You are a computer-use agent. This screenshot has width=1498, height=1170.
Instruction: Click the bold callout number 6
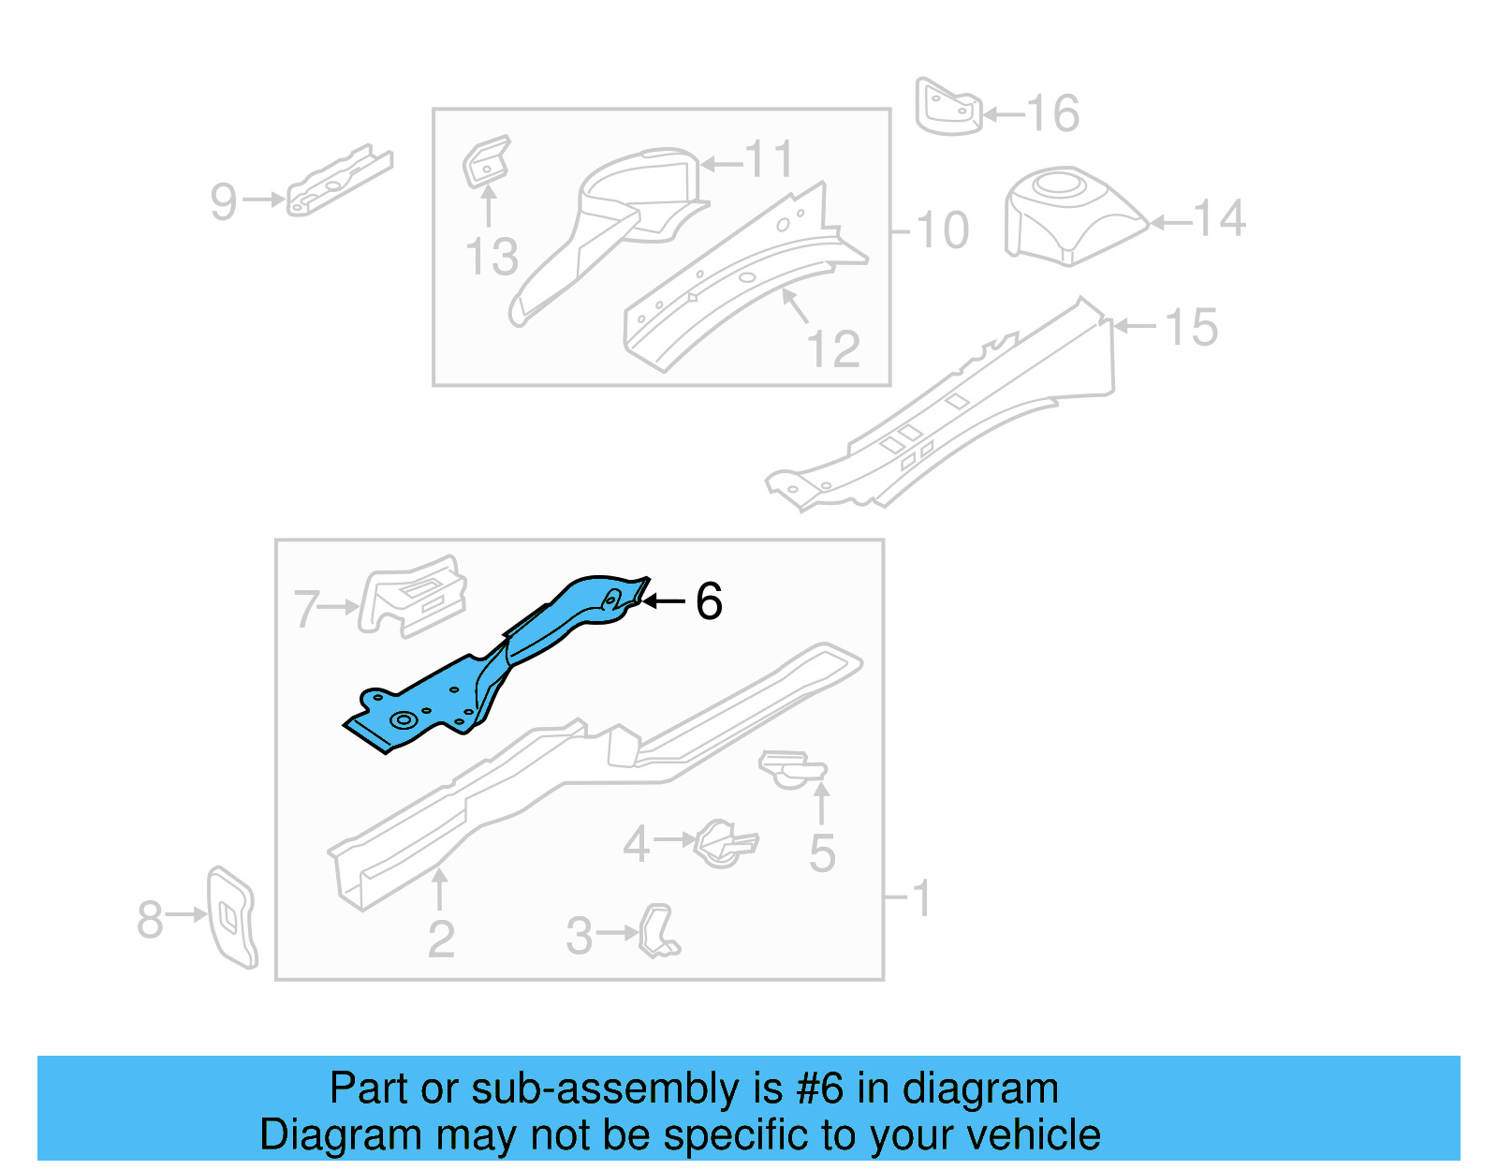(x=709, y=600)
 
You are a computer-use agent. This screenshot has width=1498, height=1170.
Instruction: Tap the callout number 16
(x=1053, y=114)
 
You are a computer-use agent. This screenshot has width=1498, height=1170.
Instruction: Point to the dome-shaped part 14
(x=1067, y=215)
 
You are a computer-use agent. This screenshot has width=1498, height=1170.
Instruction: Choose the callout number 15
(x=1191, y=327)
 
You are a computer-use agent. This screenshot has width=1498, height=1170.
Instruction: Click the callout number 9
(x=224, y=201)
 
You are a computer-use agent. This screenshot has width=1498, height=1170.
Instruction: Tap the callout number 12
(x=832, y=349)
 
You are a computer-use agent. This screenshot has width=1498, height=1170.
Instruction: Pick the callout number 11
(x=769, y=160)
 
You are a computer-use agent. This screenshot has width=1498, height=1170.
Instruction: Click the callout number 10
(x=942, y=230)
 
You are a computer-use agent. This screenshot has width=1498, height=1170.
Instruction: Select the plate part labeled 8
(x=231, y=916)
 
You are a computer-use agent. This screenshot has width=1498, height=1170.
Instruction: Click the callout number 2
(x=440, y=939)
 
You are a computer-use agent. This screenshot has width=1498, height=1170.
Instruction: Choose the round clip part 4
(x=724, y=842)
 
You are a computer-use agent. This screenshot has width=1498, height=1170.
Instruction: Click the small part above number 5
(x=792, y=769)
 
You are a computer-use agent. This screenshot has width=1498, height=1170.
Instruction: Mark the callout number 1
(x=921, y=898)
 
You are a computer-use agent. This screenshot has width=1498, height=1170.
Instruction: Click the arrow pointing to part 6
(x=664, y=601)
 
